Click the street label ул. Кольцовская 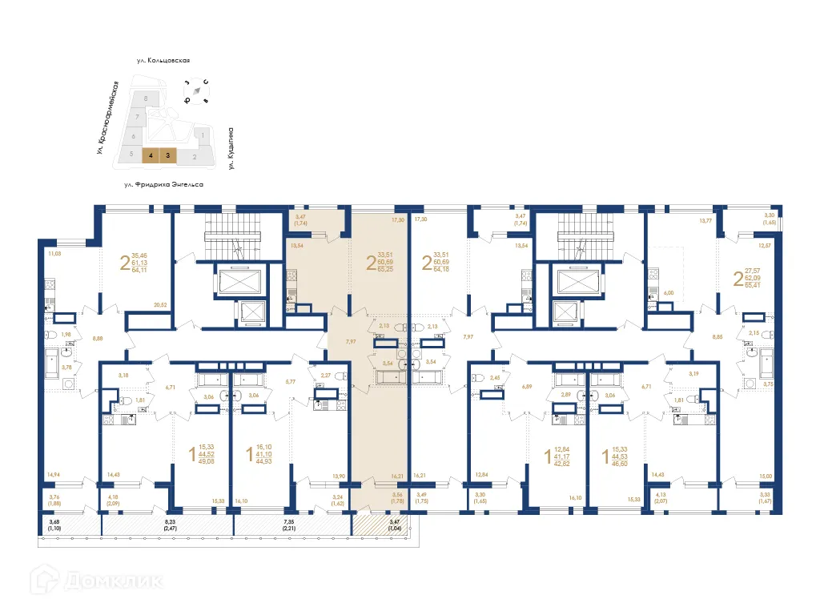tap(167, 60)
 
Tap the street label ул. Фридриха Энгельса tap(163, 184)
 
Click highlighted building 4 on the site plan tap(151, 156)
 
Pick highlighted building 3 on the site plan tap(168, 156)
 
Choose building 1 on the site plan tap(203, 137)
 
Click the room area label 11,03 tap(55, 254)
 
